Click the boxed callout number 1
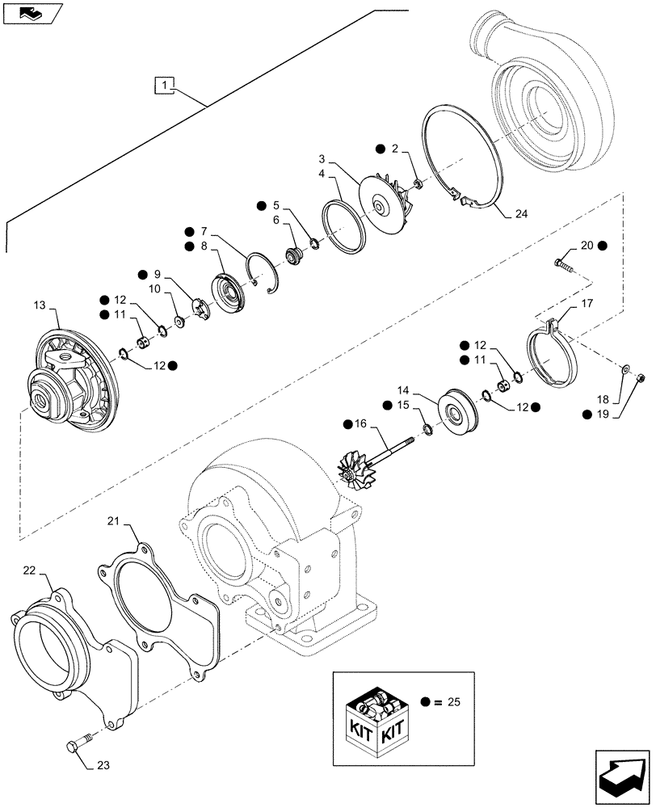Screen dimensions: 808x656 point(164,84)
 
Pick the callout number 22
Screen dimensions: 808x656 point(28,570)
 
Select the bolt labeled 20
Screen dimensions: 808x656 point(564,263)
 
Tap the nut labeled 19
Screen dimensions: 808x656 point(640,377)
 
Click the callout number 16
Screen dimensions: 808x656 point(360,423)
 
